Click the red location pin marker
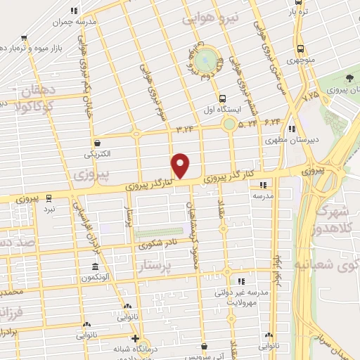(x=181, y=165)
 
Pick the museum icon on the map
(x=94, y=267)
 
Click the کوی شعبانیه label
(x=335, y=266)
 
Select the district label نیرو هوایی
(x=210, y=17)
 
